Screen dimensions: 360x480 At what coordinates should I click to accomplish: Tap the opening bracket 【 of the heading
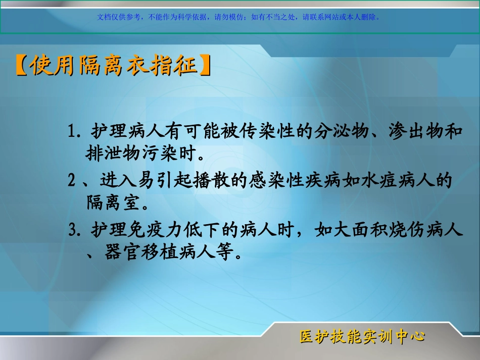tap(21, 66)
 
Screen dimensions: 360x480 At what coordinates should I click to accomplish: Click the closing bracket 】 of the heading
tap(204, 66)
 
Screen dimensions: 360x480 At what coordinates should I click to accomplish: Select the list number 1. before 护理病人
tap(75, 132)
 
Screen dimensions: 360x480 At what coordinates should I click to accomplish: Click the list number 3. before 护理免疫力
tap(75, 231)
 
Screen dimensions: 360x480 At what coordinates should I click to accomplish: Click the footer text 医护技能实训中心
tap(362, 337)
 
